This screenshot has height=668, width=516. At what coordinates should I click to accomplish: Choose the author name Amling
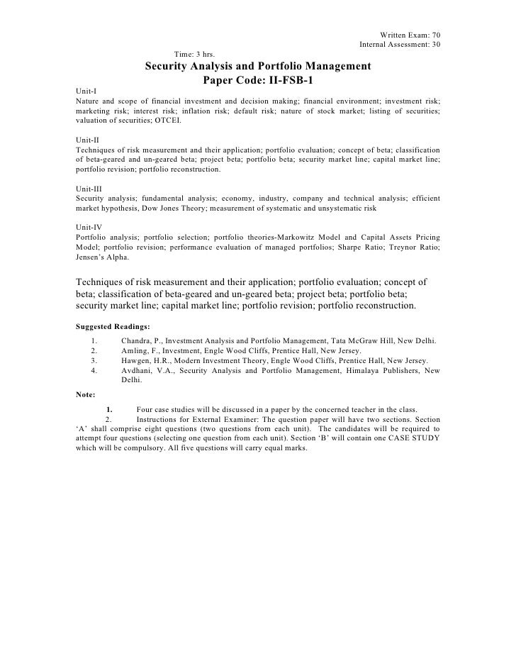pos(136,350)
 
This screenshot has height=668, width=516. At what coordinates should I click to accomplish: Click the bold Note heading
pos(86,394)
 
